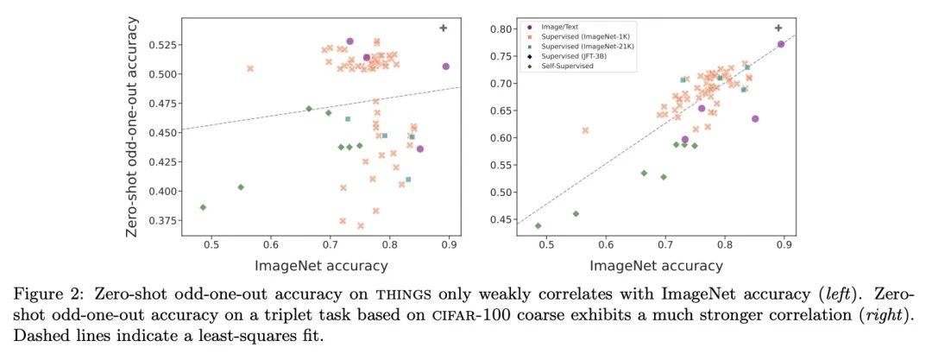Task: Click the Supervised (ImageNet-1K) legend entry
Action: pos(587,37)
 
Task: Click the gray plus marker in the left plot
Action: pos(444,28)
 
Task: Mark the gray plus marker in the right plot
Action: pos(778,28)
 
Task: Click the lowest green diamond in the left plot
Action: pos(203,207)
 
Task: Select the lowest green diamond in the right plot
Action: pos(538,226)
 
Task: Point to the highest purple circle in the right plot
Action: pos(780,44)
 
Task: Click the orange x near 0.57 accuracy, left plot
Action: pos(250,68)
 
